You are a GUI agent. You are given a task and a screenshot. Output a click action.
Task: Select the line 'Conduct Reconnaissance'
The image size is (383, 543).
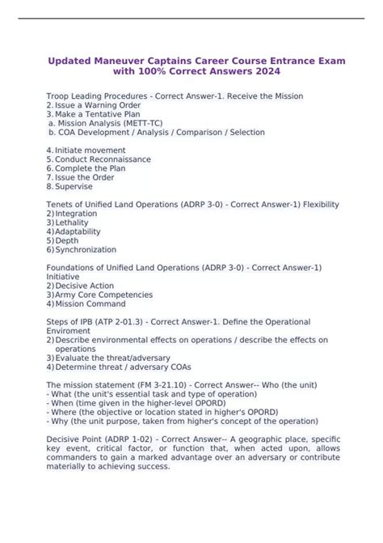[103, 159]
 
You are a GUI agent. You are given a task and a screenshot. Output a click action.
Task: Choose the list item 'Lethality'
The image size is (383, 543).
[74, 223]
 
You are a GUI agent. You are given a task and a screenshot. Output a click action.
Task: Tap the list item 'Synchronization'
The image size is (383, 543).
[86, 249]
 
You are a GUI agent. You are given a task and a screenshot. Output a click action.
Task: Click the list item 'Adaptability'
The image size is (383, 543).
[80, 231]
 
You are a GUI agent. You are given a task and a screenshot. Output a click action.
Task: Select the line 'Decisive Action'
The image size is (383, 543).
[86, 285]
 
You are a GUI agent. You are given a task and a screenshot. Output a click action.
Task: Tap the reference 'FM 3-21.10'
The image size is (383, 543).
[155, 384]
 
